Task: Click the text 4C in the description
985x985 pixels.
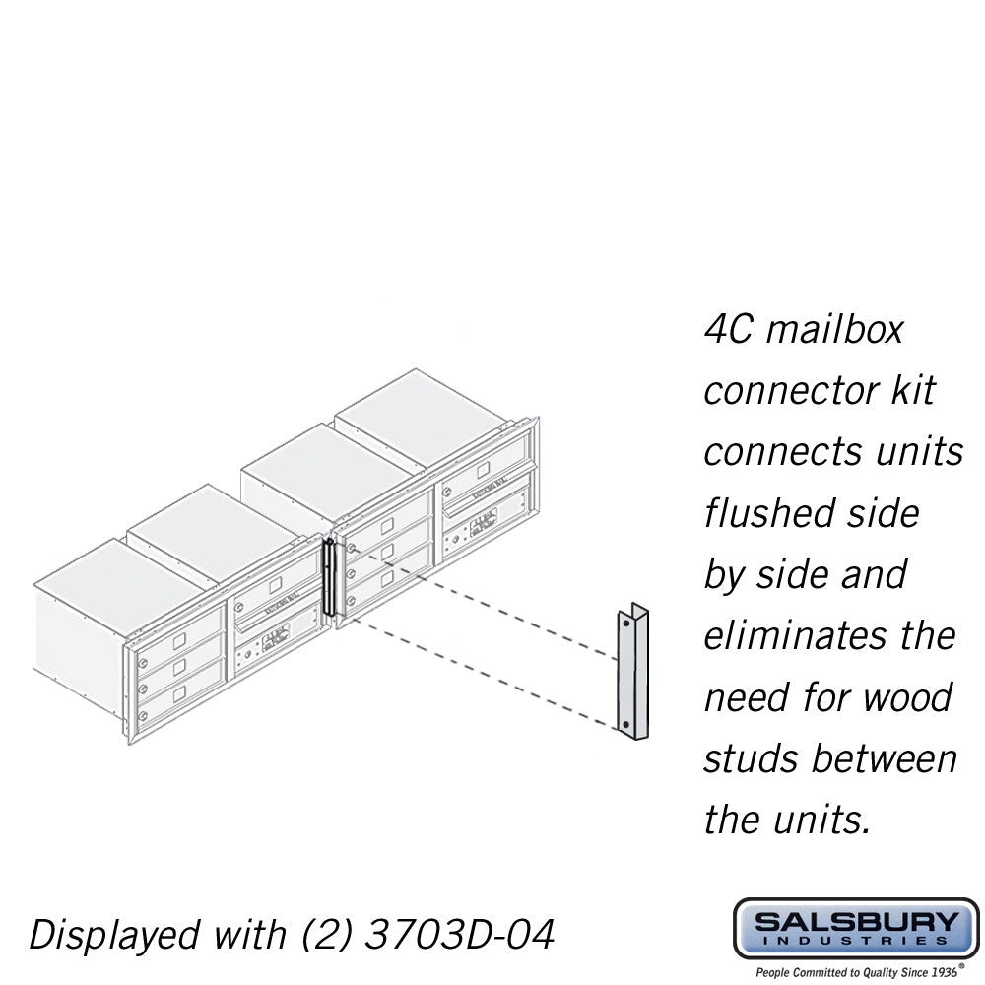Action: tap(728, 328)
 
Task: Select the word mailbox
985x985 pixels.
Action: tap(834, 328)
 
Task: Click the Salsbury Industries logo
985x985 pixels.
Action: tap(856, 929)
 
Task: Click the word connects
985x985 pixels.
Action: tap(770, 451)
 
